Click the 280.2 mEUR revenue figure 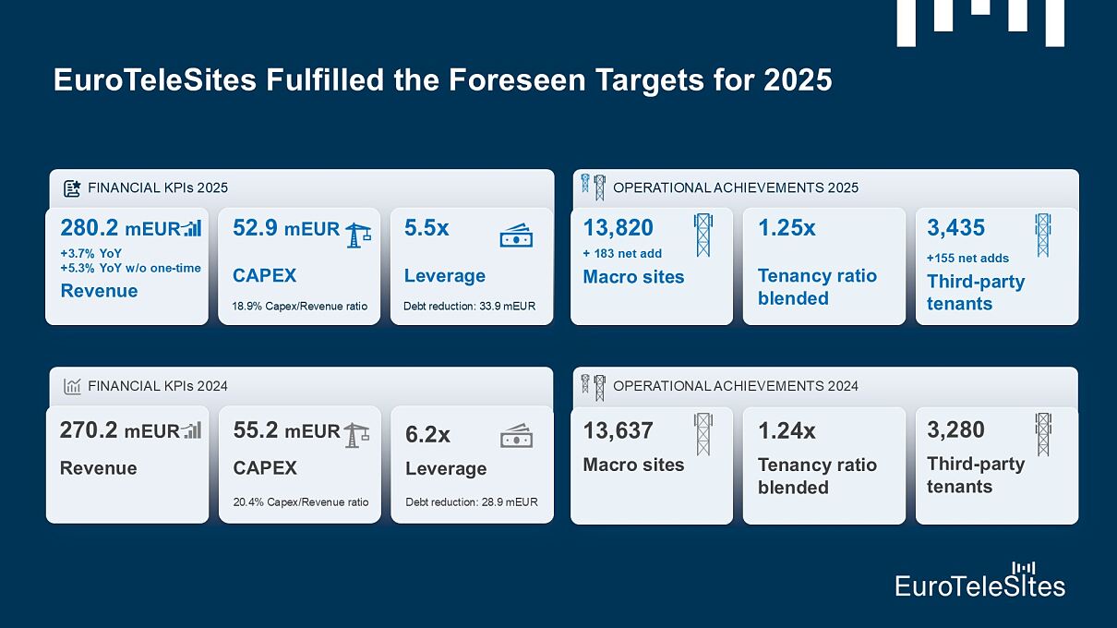120,228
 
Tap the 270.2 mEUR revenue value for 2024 119,430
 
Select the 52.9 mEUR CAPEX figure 286,228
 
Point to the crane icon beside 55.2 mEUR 356,434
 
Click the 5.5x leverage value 426,228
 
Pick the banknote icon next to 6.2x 516,435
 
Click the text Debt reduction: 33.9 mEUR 469,306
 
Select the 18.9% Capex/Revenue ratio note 300,306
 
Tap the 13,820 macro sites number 618,228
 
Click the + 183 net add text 622,253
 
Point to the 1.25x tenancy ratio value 787,228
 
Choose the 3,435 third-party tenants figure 955,228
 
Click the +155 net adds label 967,258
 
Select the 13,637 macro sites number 618,430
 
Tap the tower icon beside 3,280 1043,434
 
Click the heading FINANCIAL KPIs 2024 157,386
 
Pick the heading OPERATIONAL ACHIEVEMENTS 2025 735,187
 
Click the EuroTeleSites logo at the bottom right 979,580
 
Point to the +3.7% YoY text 91,253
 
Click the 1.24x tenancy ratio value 787,430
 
